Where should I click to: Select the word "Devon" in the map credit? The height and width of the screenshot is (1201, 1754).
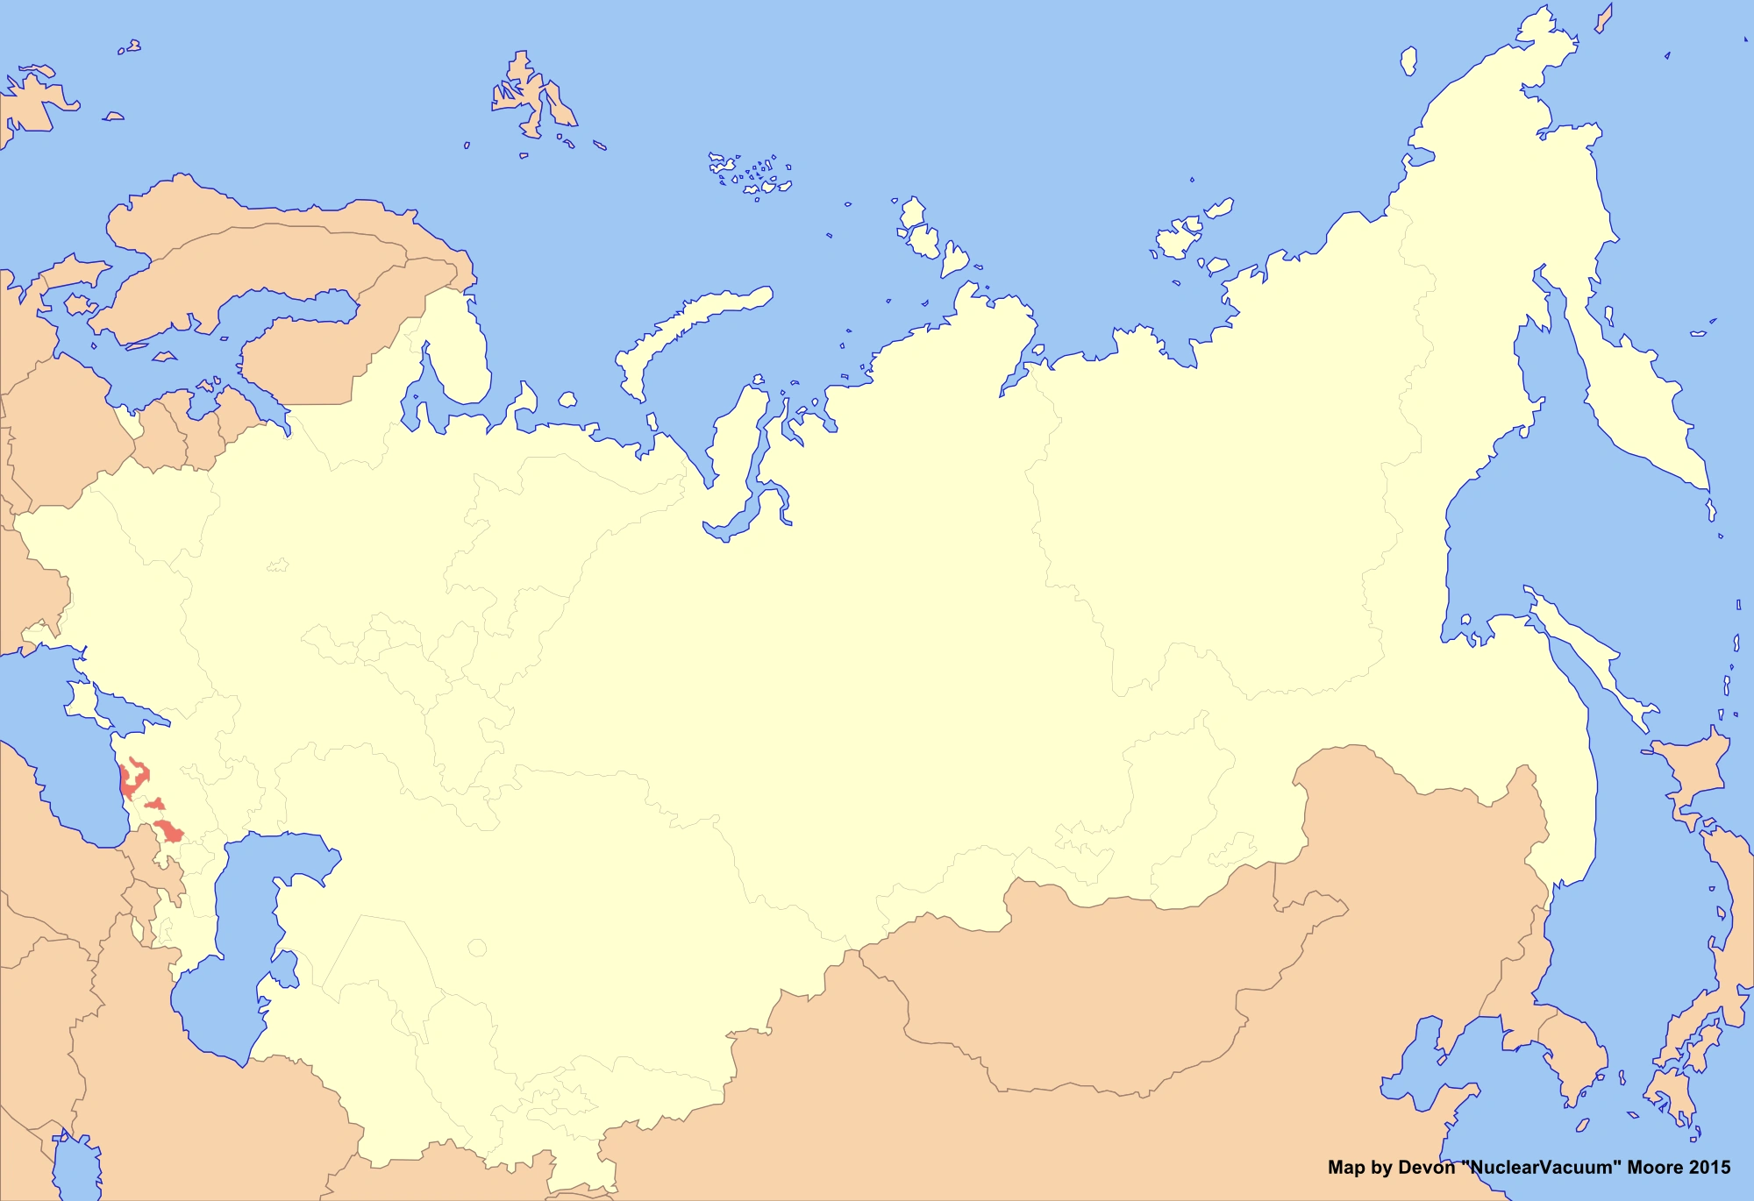click(1426, 1168)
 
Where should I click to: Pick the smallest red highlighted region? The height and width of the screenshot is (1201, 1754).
click(156, 804)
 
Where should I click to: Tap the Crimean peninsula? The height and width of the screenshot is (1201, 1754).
click(82, 701)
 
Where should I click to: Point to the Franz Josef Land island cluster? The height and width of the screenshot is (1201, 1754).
click(750, 175)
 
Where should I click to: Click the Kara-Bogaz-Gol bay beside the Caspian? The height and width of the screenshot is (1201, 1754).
click(286, 969)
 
